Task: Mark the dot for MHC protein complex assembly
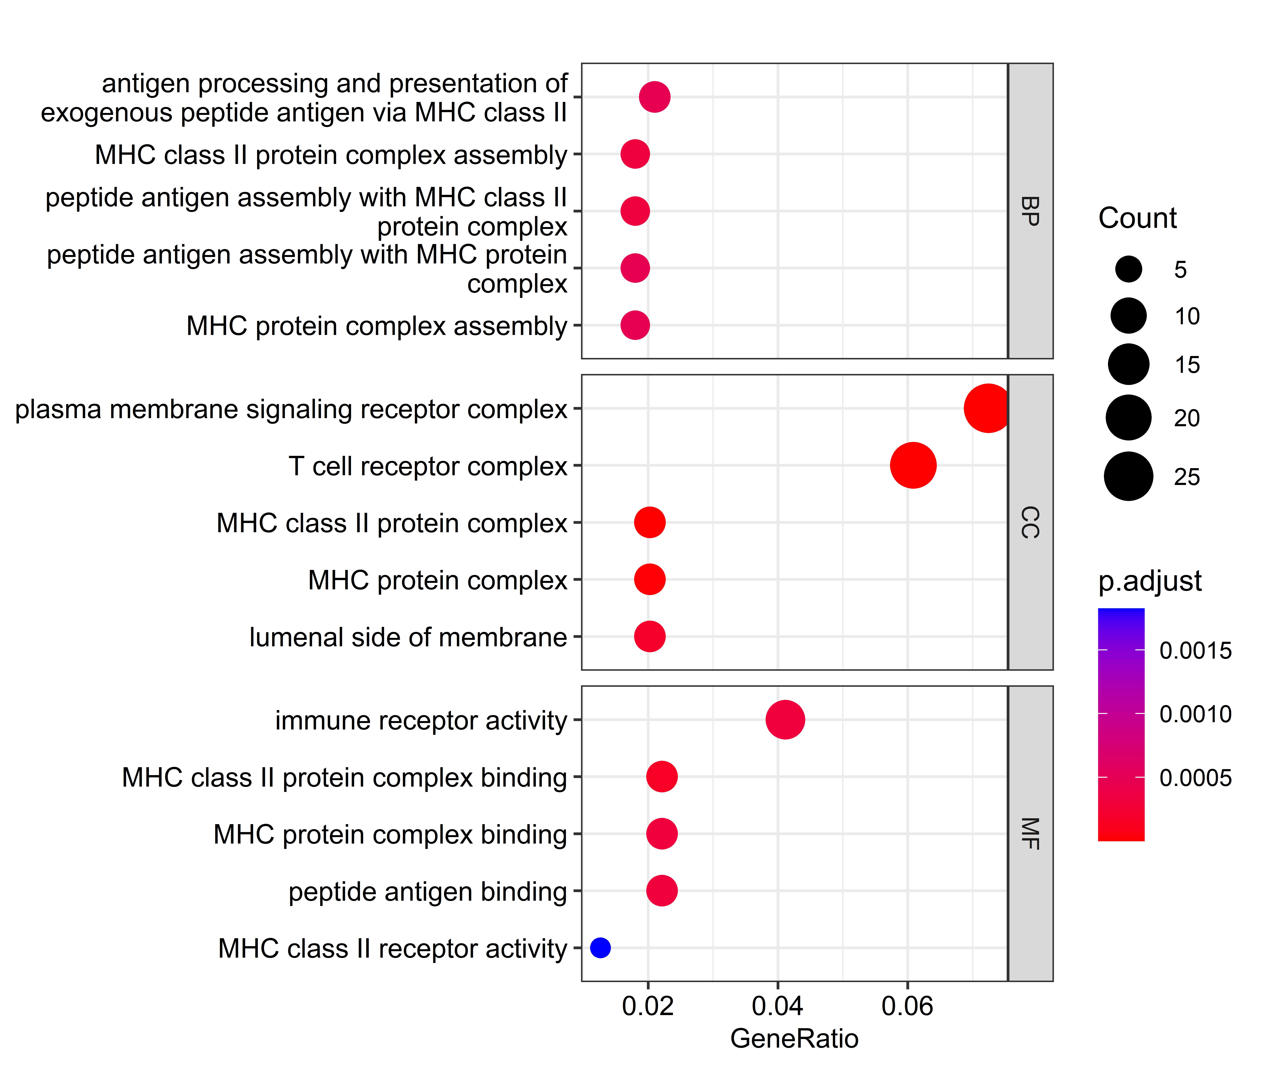click(x=635, y=325)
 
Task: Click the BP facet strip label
click(x=1030, y=211)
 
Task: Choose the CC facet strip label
click(x=1030, y=523)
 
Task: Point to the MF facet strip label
click(x=1030, y=834)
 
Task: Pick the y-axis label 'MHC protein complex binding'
click(x=390, y=834)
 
